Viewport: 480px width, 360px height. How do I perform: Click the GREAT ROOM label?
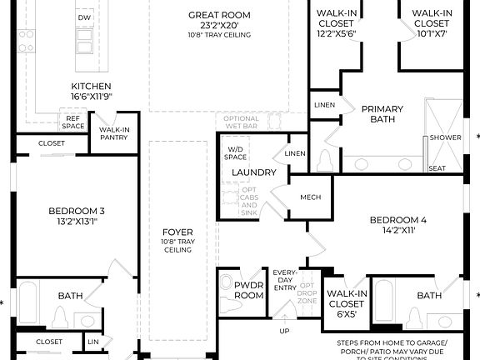coord(219,15)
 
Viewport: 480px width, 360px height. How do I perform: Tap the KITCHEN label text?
coord(92,87)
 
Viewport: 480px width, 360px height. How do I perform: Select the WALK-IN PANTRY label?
coord(113,134)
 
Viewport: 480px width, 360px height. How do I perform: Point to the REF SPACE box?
coord(73,122)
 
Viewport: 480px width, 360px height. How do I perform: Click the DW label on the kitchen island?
coord(84,17)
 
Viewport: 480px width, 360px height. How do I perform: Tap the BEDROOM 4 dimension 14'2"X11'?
coord(397,231)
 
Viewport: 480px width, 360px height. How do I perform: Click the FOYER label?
coord(177,232)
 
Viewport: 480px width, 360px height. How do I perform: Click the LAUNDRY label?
coord(253,172)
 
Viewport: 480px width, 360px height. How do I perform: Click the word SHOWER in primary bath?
coord(446,137)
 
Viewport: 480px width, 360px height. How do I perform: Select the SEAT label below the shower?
coord(437,167)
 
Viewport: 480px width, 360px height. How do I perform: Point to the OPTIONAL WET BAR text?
coord(242,122)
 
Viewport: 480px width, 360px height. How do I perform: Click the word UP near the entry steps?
coord(284,331)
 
